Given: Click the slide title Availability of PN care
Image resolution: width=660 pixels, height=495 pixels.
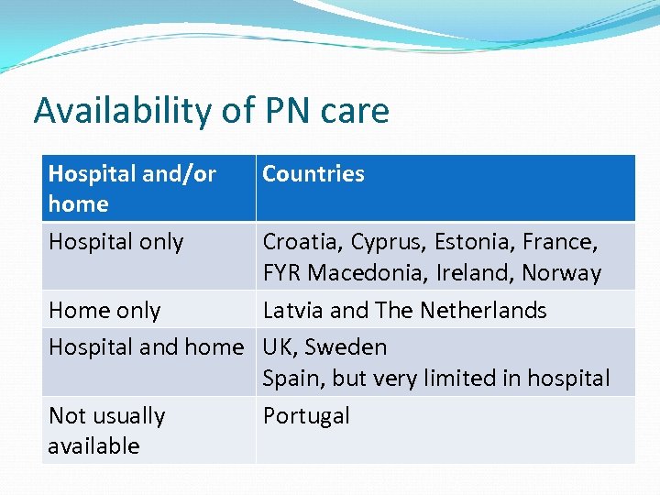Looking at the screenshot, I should coord(212,111).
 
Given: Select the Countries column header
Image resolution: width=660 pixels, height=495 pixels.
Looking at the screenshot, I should coord(313,174).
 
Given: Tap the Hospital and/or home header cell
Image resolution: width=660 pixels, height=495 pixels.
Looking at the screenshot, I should coord(132,188).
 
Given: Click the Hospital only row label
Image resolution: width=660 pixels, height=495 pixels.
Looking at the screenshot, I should coord(116,242).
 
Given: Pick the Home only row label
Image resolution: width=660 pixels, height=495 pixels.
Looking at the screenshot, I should coord(104,311).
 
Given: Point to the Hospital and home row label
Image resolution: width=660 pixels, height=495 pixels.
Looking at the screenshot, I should coord(146,347).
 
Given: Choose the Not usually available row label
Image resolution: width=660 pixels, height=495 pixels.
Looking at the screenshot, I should coord(107,430).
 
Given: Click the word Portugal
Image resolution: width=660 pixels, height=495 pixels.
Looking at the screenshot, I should coord(306,416).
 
